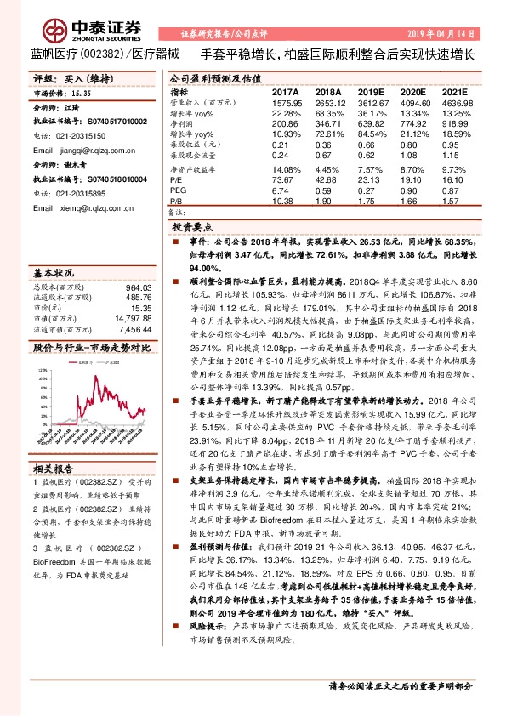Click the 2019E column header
point(372,91)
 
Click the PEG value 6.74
point(281,190)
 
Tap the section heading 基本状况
point(54,274)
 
